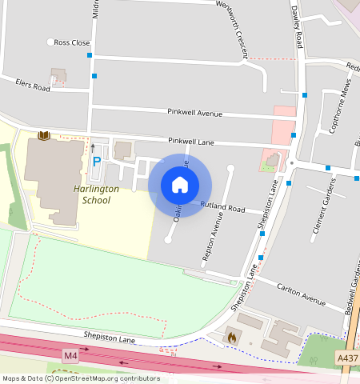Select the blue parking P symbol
(x=97, y=161)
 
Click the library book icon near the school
(x=44, y=135)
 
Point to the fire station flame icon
(x=233, y=338)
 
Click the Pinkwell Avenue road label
(x=194, y=112)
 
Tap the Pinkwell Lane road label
(x=190, y=142)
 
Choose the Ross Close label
(x=71, y=42)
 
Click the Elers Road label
(x=33, y=84)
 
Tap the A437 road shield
(x=347, y=358)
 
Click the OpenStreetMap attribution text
(x=81, y=378)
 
